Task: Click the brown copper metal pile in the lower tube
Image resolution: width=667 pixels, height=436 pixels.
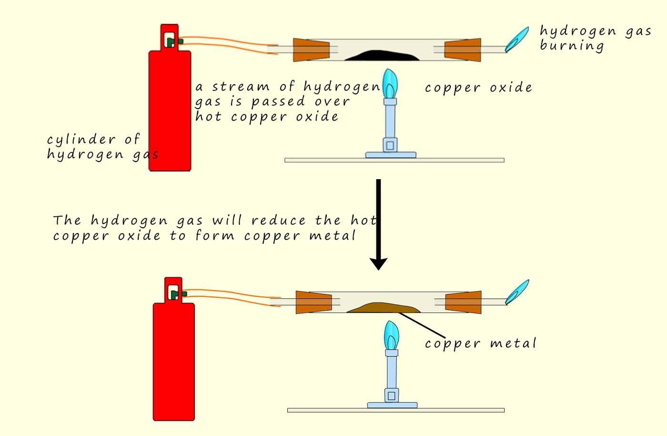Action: pyautogui.click(x=384, y=308)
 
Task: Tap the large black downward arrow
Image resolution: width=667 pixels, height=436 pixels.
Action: pyautogui.click(x=378, y=224)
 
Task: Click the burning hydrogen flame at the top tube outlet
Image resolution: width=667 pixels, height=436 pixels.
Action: pyautogui.click(x=517, y=39)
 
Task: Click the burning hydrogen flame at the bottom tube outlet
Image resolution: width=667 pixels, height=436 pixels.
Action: pyautogui.click(x=517, y=292)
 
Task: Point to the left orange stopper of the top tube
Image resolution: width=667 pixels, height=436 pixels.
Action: pyautogui.click(x=311, y=50)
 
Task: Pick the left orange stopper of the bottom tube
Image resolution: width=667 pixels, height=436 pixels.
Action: pyautogui.click(x=313, y=303)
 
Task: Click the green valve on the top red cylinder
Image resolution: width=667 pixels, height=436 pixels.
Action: pyautogui.click(x=172, y=42)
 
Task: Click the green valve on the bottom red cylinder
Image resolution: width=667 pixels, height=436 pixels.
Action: pyautogui.click(x=176, y=295)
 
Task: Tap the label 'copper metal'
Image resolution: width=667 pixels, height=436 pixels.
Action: pyautogui.click(x=480, y=344)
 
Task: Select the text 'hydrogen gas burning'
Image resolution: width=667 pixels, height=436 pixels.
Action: pyautogui.click(x=595, y=38)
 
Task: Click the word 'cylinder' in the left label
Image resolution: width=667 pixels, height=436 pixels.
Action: pyautogui.click(x=81, y=140)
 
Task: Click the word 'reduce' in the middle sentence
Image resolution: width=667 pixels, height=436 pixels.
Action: pyautogui.click(x=278, y=221)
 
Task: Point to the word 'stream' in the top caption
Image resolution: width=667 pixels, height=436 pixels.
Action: pyautogui.click(x=241, y=87)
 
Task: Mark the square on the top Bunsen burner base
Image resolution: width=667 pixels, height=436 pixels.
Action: pyautogui.click(x=390, y=145)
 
